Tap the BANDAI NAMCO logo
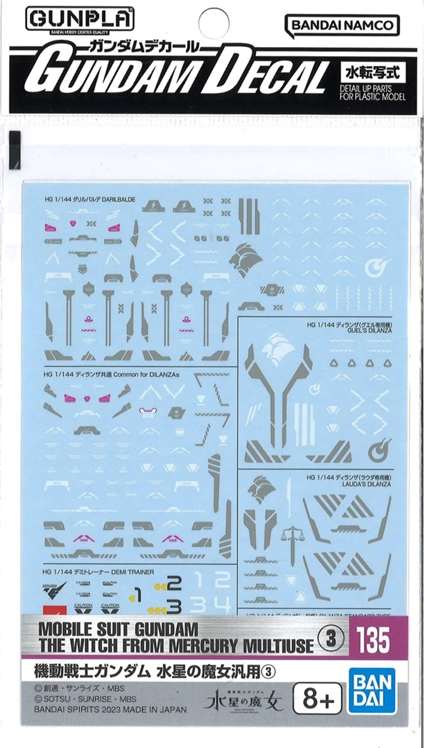342,26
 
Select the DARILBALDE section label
90,199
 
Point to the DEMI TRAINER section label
99,572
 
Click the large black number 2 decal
174,583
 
